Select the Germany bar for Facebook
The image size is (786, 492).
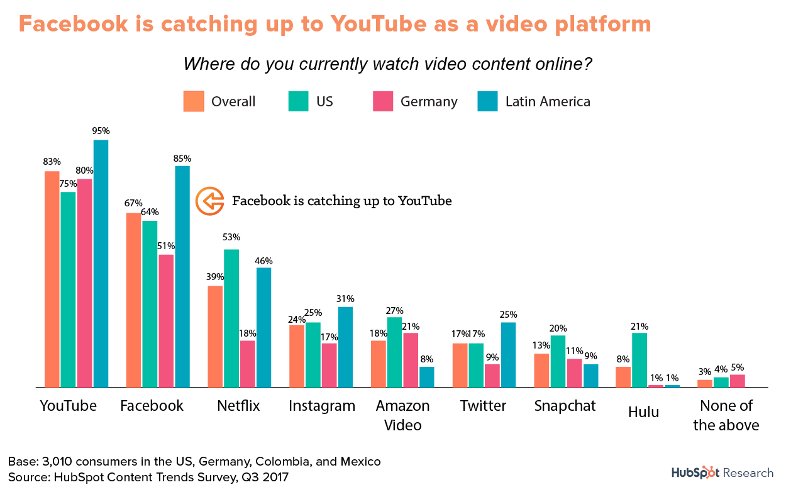166,321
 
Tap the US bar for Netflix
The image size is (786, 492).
231,318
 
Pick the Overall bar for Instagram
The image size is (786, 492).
296,355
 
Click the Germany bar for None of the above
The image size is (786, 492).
737,381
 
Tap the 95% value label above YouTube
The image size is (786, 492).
101,131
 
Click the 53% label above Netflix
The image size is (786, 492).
231,237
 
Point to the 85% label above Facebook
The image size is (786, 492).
182,158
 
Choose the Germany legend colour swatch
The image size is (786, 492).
383,101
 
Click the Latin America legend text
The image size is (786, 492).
548,102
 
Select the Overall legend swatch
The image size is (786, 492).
194,101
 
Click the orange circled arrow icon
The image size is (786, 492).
209,201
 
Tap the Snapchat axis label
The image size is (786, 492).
565,406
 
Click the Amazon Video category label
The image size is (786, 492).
402,415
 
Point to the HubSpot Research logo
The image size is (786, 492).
722,472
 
